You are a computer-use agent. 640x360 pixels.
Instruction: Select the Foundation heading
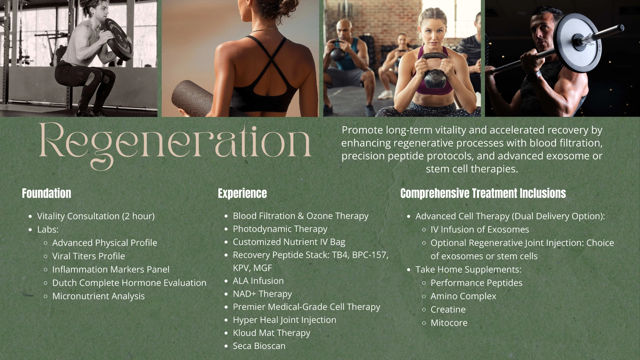click(x=47, y=193)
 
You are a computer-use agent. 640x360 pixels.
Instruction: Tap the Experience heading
click(x=242, y=193)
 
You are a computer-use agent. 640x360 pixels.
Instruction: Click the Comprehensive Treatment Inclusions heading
click(x=483, y=193)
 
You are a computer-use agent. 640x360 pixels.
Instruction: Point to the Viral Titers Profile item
click(x=89, y=256)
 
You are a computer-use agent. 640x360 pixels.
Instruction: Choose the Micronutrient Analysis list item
click(x=98, y=296)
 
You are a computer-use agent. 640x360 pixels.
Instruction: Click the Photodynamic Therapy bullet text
click(x=280, y=229)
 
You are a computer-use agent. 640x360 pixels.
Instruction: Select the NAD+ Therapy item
click(x=262, y=294)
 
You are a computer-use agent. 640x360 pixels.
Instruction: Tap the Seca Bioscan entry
click(x=259, y=346)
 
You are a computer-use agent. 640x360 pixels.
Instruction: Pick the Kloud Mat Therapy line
click(x=271, y=333)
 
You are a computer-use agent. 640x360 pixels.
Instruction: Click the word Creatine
click(x=448, y=309)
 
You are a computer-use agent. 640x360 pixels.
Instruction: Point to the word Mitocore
click(x=449, y=323)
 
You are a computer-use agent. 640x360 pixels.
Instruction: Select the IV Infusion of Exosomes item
click(x=480, y=229)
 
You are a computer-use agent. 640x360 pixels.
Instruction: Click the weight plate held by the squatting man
click(x=116, y=39)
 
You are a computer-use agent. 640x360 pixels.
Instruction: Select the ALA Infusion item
click(x=258, y=281)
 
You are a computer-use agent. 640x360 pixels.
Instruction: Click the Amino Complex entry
click(x=463, y=296)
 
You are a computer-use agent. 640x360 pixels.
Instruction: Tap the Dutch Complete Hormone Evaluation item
click(x=129, y=283)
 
